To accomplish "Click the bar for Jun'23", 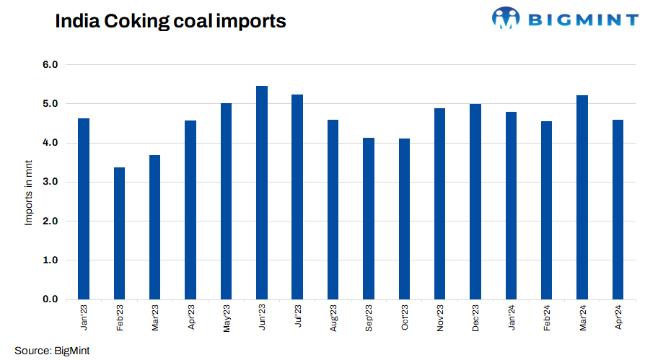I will [x=262, y=193].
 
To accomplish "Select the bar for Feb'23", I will [x=120, y=233].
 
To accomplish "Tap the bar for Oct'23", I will [x=404, y=219].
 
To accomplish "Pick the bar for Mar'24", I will [x=582, y=197].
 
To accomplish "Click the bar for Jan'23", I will [x=84, y=208].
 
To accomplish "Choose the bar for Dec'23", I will [x=475, y=201].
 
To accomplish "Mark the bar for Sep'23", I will [x=369, y=218].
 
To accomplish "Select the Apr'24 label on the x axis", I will [x=618, y=317].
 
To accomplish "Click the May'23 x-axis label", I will [x=227, y=317].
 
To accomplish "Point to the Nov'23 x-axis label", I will [x=440, y=317].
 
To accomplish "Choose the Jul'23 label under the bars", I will [x=298, y=317].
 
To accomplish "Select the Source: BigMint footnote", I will [x=52, y=351].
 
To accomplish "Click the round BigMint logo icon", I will [x=505, y=18].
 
